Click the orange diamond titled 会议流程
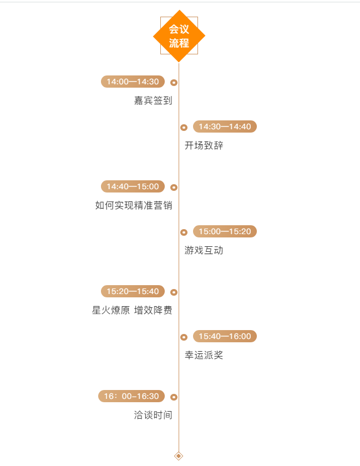(x=179, y=36)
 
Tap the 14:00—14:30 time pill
(x=133, y=82)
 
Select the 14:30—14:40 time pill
(x=225, y=126)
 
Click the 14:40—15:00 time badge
(x=133, y=186)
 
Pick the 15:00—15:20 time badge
(x=225, y=231)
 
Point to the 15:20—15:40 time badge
(x=133, y=291)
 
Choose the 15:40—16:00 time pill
(x=225, y=336)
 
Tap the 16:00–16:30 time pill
(x=131, y=396)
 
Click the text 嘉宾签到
(x=153, y=101)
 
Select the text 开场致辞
(x=204, y=146)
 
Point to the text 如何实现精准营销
(x=134, y=206)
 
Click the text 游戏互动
(x=204, y=251)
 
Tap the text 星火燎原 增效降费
(x=132, y=311)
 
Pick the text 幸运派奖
(x=204, y=356)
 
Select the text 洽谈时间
(x=153, y=416)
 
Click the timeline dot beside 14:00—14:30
(x=174, y=83)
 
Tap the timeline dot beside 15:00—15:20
(x=184, y=232)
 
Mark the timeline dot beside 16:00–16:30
(x=174, y=397)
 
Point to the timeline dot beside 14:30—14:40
(x=184, y=128)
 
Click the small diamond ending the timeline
(x=179, y=456)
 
